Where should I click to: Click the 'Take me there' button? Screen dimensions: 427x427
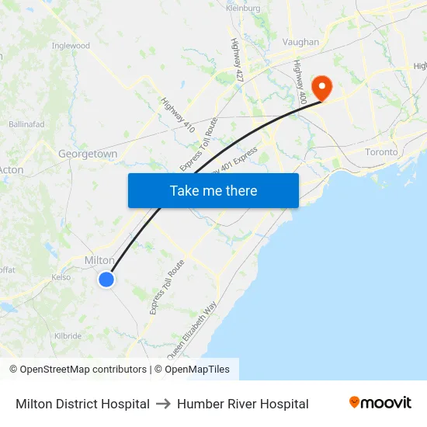tap(213, 190)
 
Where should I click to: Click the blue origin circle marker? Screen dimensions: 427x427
tap(106, 279)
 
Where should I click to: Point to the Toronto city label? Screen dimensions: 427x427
tap(381, 152)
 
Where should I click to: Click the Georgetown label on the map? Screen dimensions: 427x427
tap(88, 154)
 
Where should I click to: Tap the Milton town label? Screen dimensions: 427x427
tap(99, 260)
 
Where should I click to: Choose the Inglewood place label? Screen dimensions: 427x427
tap(71, 46)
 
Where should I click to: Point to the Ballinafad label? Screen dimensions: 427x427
tap(26, 124)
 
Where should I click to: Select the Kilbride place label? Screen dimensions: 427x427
tap(68, 336)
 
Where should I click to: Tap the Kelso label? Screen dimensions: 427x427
tap(61, 277)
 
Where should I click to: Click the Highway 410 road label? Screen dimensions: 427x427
tap(178, 114)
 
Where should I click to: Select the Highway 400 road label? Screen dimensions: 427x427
tap(300, 78)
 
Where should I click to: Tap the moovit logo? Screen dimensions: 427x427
tap(380, 403)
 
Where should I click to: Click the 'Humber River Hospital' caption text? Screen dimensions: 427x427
tap(243, 404)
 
